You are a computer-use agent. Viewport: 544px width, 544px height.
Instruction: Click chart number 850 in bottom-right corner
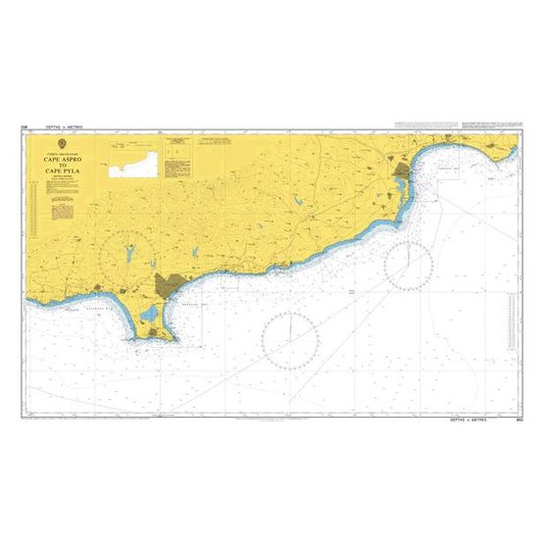tap(517, 420)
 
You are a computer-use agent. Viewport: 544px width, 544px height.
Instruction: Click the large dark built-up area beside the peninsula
tap(168, 286)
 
